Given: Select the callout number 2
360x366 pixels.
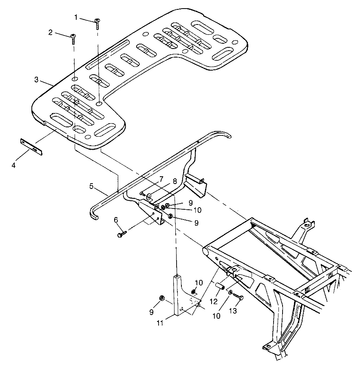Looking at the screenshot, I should [51, 33].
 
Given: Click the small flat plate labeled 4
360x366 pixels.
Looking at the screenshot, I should [31, 145].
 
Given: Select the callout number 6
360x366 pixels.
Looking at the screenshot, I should [116, 220].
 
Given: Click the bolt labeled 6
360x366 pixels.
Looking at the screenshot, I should [122, 234].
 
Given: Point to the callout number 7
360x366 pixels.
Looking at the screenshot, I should [161, 179].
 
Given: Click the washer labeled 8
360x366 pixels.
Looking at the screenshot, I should [149, 196].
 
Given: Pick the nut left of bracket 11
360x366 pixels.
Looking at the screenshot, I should [161, 298].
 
